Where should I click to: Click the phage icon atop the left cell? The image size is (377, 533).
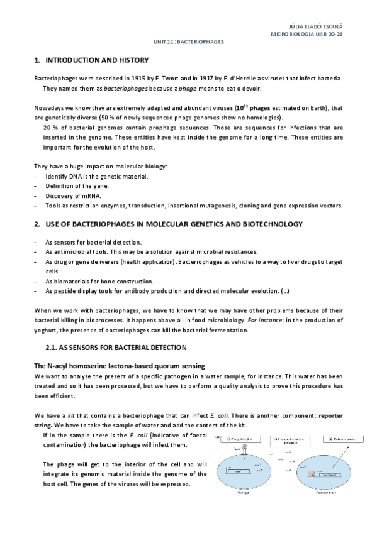[x=244, y=451]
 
